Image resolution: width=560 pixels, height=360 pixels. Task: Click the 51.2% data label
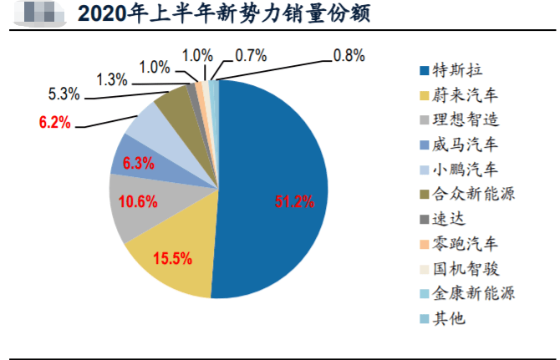(294, 201)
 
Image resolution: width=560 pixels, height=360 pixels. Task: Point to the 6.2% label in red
(55, 124)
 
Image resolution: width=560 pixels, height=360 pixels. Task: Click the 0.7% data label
(251, 56)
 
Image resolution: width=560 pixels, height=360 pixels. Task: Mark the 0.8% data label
(349, 56)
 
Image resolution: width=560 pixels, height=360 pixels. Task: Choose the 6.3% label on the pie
(139, 164)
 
